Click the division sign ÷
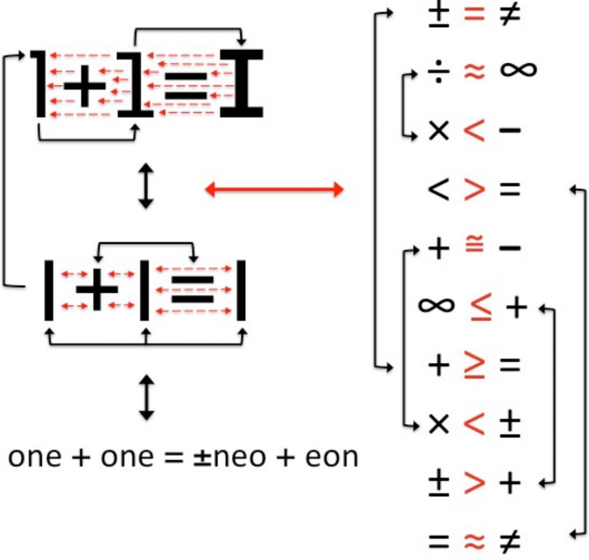[x=438, y=71]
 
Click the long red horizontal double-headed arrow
[x=274, y=189]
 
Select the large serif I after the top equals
[x=242, y=83]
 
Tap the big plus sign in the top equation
[x=85, y=85]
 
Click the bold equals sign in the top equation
[x=185, y=85]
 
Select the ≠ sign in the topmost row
[x=508, y=15]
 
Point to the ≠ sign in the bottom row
[x=508, y=540]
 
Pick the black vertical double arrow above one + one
[x=148, y=397]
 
